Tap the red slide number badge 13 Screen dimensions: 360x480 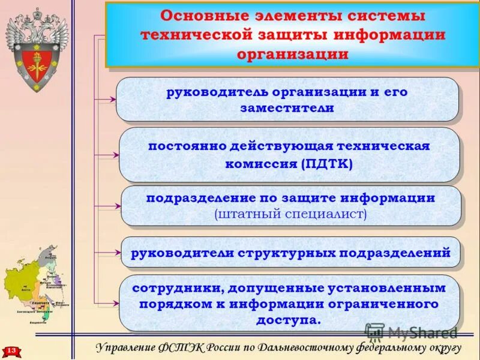11,349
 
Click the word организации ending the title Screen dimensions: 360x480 292,54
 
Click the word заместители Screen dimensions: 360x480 287,109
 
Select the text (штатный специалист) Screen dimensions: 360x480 290,213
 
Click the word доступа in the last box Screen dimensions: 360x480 289,320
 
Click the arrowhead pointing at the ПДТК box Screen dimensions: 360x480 115,155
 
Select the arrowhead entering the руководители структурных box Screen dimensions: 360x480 115,253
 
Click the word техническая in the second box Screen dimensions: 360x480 383,146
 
